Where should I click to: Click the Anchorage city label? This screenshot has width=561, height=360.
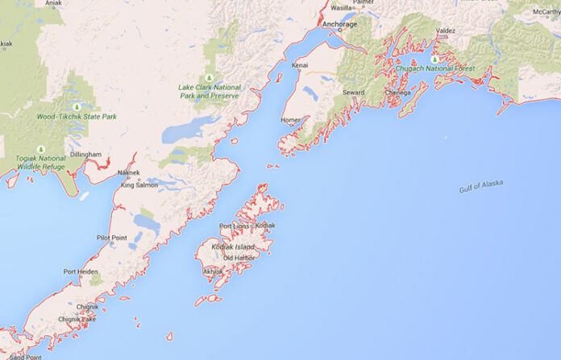tap(339, 25)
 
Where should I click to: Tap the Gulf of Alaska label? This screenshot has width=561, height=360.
tap(480, 186)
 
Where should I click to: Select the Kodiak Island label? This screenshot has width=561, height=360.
tap(234, 246)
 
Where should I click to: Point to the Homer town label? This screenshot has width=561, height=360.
tap(290, 120)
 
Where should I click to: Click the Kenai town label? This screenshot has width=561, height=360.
tap(301, 64)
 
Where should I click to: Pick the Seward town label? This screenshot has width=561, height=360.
tap(353, 93)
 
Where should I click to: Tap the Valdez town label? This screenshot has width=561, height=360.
tap(445, 31)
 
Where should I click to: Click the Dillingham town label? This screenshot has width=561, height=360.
tap(85, 154)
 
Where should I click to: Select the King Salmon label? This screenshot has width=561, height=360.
tap(139, 185)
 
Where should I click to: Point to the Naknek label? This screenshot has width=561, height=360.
tap(129, 172)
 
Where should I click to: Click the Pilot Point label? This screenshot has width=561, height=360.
tap(112, 238)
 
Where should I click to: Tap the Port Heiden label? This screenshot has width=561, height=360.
tap(81, 271)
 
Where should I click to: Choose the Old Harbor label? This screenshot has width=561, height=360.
tap(239, 258)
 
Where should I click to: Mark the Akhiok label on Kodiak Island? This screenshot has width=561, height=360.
tap(214, 271)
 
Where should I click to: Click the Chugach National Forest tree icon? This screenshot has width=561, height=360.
tap(434, 59)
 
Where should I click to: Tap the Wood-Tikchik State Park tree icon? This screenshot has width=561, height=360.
tap(77, 106)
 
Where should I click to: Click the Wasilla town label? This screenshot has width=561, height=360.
tap(342, 8)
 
